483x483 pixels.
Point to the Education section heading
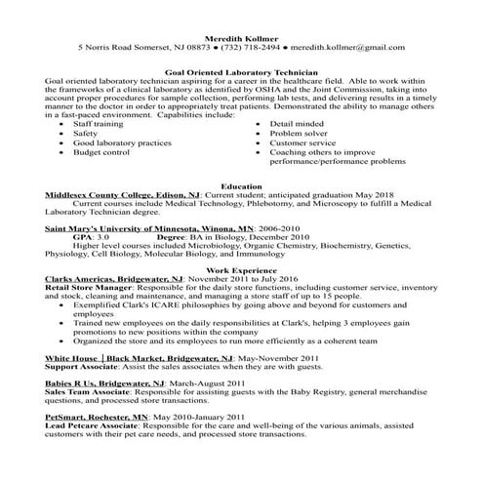click(x=241, y=184)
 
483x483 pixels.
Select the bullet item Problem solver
click(x=300, y=135)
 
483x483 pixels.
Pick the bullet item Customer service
click(x=306, y=143)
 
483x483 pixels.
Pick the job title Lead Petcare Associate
click(x=97, y=425)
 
